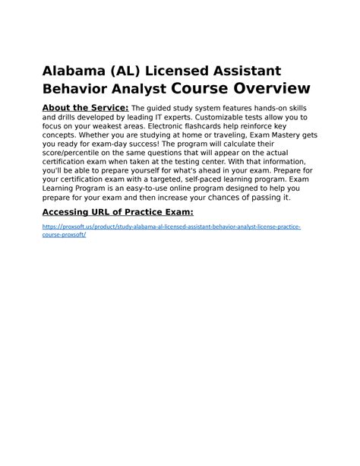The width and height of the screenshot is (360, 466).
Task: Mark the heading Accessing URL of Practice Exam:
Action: tap(118, 210)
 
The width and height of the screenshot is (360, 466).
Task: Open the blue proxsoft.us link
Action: tap(171, 227)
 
